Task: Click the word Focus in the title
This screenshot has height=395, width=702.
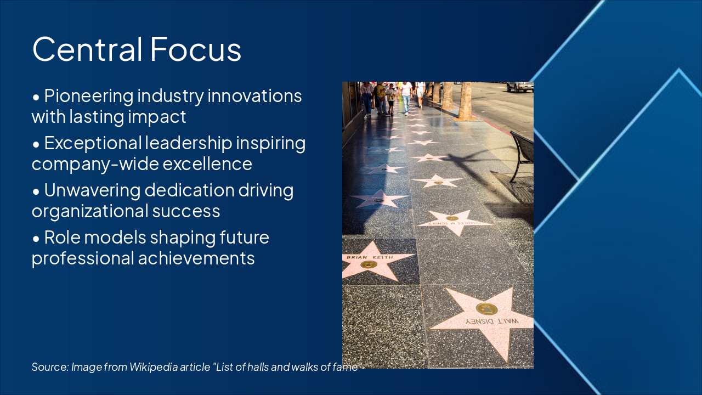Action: [x=195, y=49]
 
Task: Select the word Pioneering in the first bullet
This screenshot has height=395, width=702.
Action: [x=89, y=96]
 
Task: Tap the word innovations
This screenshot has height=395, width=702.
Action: [x=254, y=96]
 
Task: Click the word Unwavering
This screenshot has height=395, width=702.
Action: [x=92, y=190]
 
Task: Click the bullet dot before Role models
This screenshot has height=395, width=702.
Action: [x=36, y=239]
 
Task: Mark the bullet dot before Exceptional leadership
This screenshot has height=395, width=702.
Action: [x=36, y=144]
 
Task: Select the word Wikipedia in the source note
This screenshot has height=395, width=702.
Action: [x=153, y=367]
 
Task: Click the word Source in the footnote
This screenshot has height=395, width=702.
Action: [x=49, y=367]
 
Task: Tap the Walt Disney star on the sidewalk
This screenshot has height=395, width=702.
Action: [x=483, y=318]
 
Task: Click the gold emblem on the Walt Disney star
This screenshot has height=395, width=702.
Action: [x=486, y=309]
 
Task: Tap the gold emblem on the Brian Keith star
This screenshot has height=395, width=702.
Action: [x=368, y=264]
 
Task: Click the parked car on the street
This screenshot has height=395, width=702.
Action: [x=519, y=86]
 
